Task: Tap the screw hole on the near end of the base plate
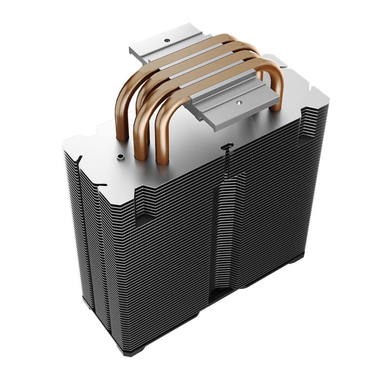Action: [238, 101]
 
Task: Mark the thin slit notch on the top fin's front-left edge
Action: [101, 184]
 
